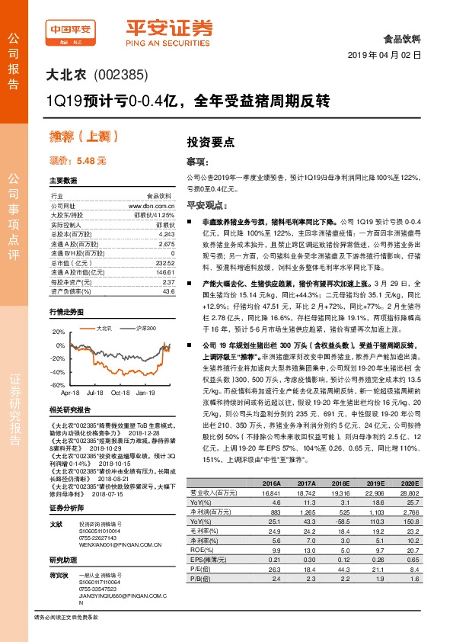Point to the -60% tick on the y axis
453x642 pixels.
pos(57,386)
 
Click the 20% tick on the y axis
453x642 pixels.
pos(59,332)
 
